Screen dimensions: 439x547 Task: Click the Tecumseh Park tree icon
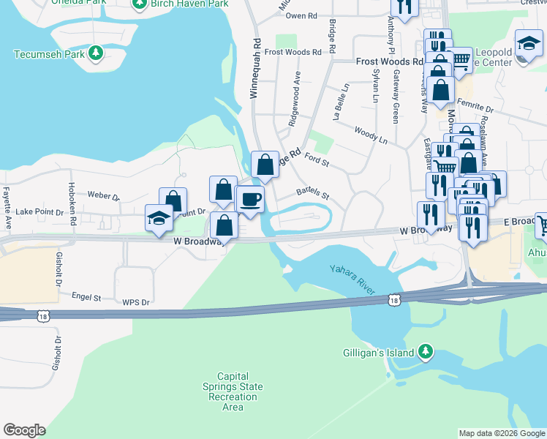(95, 54)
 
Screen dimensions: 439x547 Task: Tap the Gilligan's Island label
(378, 352)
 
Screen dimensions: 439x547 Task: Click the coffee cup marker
(250, 199)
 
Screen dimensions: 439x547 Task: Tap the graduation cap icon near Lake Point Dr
(159, 218)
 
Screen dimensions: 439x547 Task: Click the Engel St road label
(86, 298)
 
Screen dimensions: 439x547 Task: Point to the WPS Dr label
(135, 302)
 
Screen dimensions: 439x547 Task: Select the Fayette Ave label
(7, 207)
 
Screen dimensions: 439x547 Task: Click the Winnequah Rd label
(256, 69)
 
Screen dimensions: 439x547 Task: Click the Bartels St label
(313, 194)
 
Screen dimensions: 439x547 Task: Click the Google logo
(24, 430)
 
